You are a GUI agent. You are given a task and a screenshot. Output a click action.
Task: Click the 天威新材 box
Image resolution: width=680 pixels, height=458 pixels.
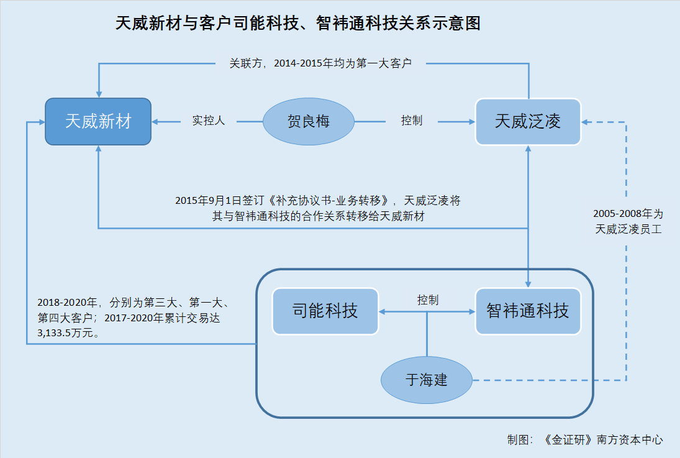point(99,122)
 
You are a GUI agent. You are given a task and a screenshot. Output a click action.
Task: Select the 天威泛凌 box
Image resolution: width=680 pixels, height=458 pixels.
point(528,122)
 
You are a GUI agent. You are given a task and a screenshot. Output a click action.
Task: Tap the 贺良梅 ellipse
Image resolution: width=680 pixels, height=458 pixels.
point(309,122)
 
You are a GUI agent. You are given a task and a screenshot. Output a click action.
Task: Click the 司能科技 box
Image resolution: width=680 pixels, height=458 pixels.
point(325,311)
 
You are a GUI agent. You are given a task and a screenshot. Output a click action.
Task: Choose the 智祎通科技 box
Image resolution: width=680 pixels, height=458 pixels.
point(528,311)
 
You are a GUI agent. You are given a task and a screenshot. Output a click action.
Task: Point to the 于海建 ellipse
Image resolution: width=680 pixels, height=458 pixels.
point(426,380)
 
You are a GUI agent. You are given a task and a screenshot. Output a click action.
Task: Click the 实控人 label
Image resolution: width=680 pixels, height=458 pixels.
point(209,121)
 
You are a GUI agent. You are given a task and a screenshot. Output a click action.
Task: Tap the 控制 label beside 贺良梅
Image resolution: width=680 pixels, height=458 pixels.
point(412,121)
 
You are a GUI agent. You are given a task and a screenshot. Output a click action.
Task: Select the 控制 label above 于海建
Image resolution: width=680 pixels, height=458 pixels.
point(428,300)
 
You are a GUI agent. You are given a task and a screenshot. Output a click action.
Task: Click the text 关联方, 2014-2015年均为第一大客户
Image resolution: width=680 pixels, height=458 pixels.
point(320,63)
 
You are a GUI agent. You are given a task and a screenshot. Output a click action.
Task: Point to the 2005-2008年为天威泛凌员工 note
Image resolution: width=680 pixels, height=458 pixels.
point(628,221)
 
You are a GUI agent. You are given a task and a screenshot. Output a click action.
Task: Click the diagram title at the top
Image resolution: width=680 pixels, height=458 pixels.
point(298,24)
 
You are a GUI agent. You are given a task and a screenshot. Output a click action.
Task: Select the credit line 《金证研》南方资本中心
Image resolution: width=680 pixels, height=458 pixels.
point(603,440)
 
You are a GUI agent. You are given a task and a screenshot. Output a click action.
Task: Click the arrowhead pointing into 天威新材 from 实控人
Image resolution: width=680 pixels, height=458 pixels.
point(155,122)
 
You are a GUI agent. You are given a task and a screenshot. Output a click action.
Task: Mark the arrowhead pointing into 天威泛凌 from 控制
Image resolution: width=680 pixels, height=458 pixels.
point(472,122)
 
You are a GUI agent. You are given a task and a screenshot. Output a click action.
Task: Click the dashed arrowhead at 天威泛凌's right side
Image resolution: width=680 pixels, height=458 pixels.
point(584,122)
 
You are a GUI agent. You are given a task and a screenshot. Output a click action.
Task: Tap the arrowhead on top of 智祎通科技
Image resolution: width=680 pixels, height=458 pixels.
point(528,285)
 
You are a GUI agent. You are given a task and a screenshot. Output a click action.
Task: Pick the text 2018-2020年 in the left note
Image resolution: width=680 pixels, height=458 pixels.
point(67,302)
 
